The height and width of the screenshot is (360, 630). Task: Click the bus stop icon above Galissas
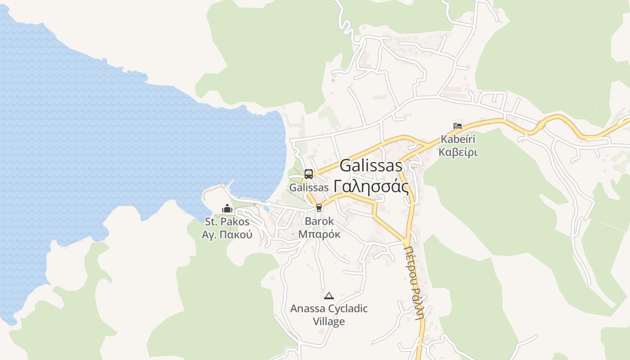coord(308,174)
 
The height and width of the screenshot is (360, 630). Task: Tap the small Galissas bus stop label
coord(309,188)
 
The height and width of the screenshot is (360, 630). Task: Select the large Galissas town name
coord(371,166)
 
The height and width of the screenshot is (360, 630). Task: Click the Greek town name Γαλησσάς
coord(371,185)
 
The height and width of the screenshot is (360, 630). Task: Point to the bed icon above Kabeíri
coord(458,126)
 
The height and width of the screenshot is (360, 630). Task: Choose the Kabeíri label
coord(458,139)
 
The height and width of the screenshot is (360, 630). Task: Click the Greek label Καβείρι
coord(458,152)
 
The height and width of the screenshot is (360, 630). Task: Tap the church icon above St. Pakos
coord(227,209)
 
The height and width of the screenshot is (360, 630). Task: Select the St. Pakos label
coord(227,221)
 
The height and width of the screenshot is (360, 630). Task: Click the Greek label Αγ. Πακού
coord(227,234)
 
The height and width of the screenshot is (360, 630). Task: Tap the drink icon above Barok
coord(319,207)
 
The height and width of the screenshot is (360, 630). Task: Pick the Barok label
coord(319,221)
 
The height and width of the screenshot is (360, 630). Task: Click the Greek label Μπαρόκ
coord(319,234)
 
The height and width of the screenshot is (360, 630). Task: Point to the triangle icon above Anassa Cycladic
coord(329,296)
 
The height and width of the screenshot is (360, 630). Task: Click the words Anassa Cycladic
coord(329,309)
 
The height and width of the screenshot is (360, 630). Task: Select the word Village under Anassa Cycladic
coord(329,321)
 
